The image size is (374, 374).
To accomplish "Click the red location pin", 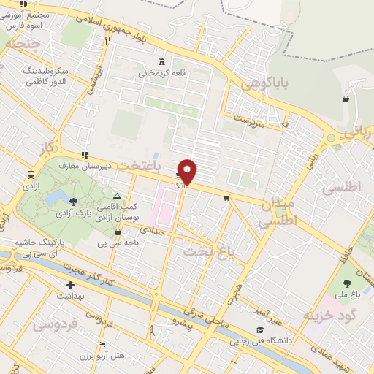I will (188, 172).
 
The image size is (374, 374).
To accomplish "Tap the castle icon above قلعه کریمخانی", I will (161, 61).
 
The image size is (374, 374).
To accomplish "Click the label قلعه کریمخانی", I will (161, 73).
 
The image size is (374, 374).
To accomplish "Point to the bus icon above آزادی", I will (31, 175).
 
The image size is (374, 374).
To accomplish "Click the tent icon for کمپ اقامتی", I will (118, 196).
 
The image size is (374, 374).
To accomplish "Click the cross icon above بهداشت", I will (70, 286).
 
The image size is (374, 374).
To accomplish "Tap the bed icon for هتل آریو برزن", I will (102, 344).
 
